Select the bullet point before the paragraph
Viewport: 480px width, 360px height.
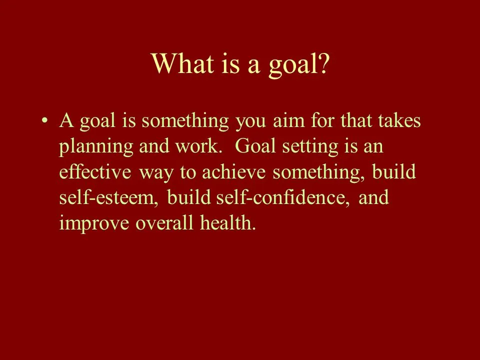coord(45,121)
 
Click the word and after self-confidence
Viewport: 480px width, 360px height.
coord(373,198)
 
